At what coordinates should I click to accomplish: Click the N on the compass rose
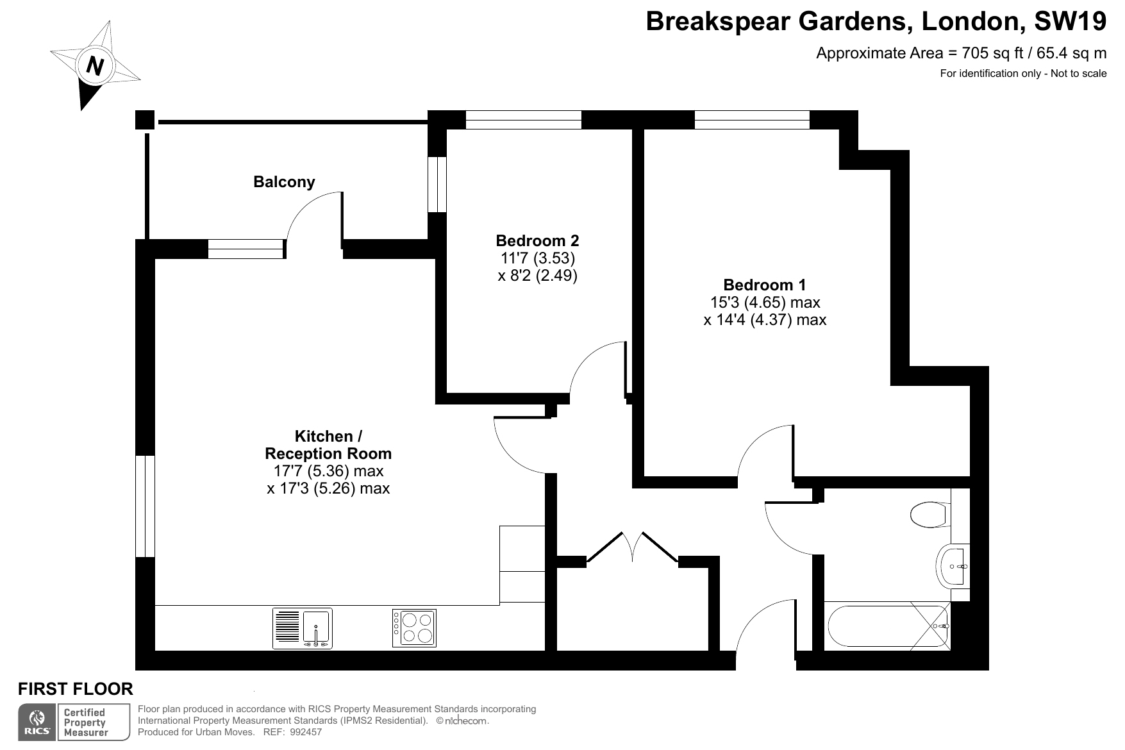point(96,65)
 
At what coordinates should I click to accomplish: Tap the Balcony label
point(284,182)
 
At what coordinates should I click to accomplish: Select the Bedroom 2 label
point(537,240)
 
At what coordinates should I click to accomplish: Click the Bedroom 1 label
point(765,285)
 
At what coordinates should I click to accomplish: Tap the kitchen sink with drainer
point(303,628)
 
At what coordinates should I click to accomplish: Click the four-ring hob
point(414,628)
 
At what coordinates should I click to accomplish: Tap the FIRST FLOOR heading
point(76,689)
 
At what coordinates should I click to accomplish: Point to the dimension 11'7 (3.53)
point(537,258)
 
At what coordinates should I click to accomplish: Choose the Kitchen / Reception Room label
point(328,445)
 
